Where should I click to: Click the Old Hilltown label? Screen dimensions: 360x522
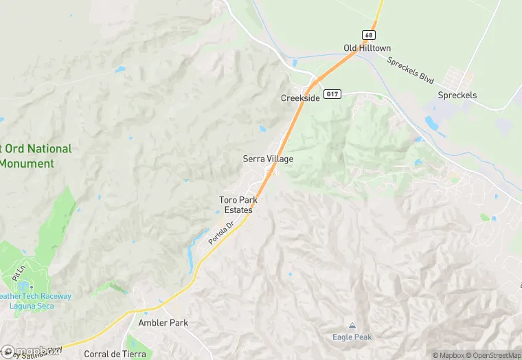(367, 48)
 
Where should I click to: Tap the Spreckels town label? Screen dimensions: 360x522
(457, 95)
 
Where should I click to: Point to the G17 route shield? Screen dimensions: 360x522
(332, 94)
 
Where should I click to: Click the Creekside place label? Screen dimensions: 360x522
(300, 98)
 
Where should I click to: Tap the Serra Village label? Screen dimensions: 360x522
(268, 159)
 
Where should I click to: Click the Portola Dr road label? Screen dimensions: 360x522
(221, 234)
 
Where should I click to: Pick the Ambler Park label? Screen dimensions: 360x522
(163, 322)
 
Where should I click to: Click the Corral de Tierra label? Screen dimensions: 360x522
(115, 354)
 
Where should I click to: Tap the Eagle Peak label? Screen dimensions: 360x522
(352, 337)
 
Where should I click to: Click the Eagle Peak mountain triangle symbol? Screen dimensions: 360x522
(352, 326)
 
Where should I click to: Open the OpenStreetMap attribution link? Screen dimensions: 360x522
(491, 355)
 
